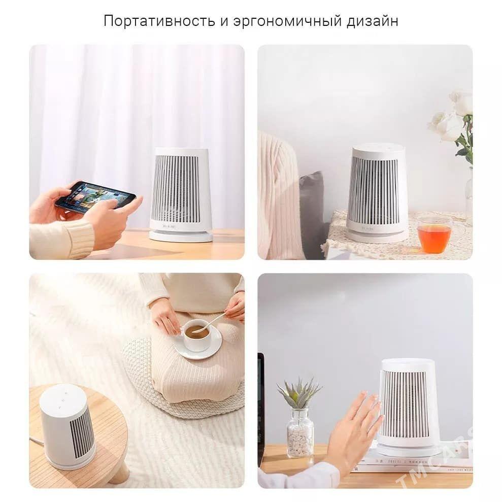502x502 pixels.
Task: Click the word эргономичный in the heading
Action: (288, 21)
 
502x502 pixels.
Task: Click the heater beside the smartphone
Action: (181, 193)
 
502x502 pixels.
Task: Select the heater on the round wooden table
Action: (68, 426)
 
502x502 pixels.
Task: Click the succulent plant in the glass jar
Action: (299, 394)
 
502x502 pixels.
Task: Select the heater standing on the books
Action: (409, 406)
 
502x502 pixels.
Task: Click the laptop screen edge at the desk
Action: (261, 406)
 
